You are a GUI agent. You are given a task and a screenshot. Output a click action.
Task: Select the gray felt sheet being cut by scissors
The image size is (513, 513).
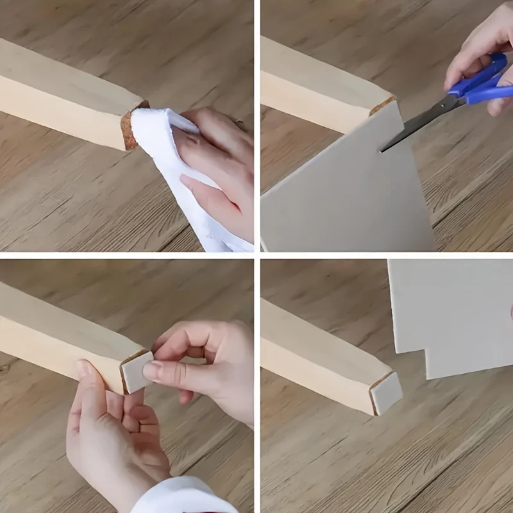pos(340,192)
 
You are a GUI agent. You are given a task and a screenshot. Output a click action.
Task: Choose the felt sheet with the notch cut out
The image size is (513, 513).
pos(449,314)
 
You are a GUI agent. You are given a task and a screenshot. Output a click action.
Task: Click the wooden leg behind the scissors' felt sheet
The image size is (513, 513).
pos(314,83)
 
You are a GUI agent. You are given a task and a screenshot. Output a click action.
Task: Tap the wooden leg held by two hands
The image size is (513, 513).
pos(58,333)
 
